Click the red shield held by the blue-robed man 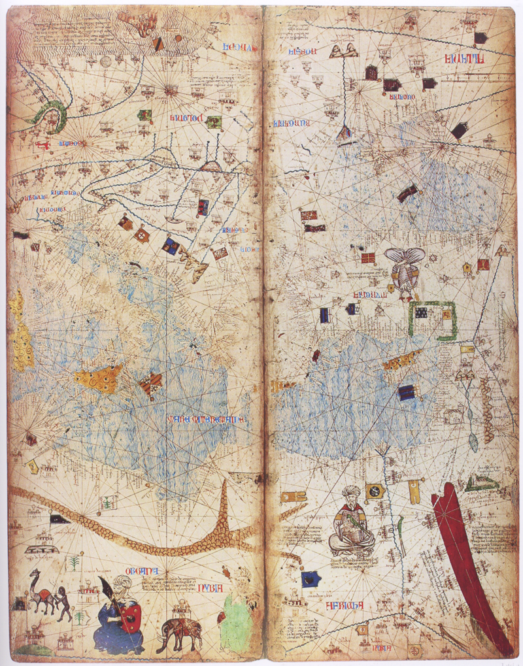131,615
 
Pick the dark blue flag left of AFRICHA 309,578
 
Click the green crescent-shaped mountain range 52,115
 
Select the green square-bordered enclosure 432,320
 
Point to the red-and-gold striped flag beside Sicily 151,383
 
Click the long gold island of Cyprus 403,359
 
